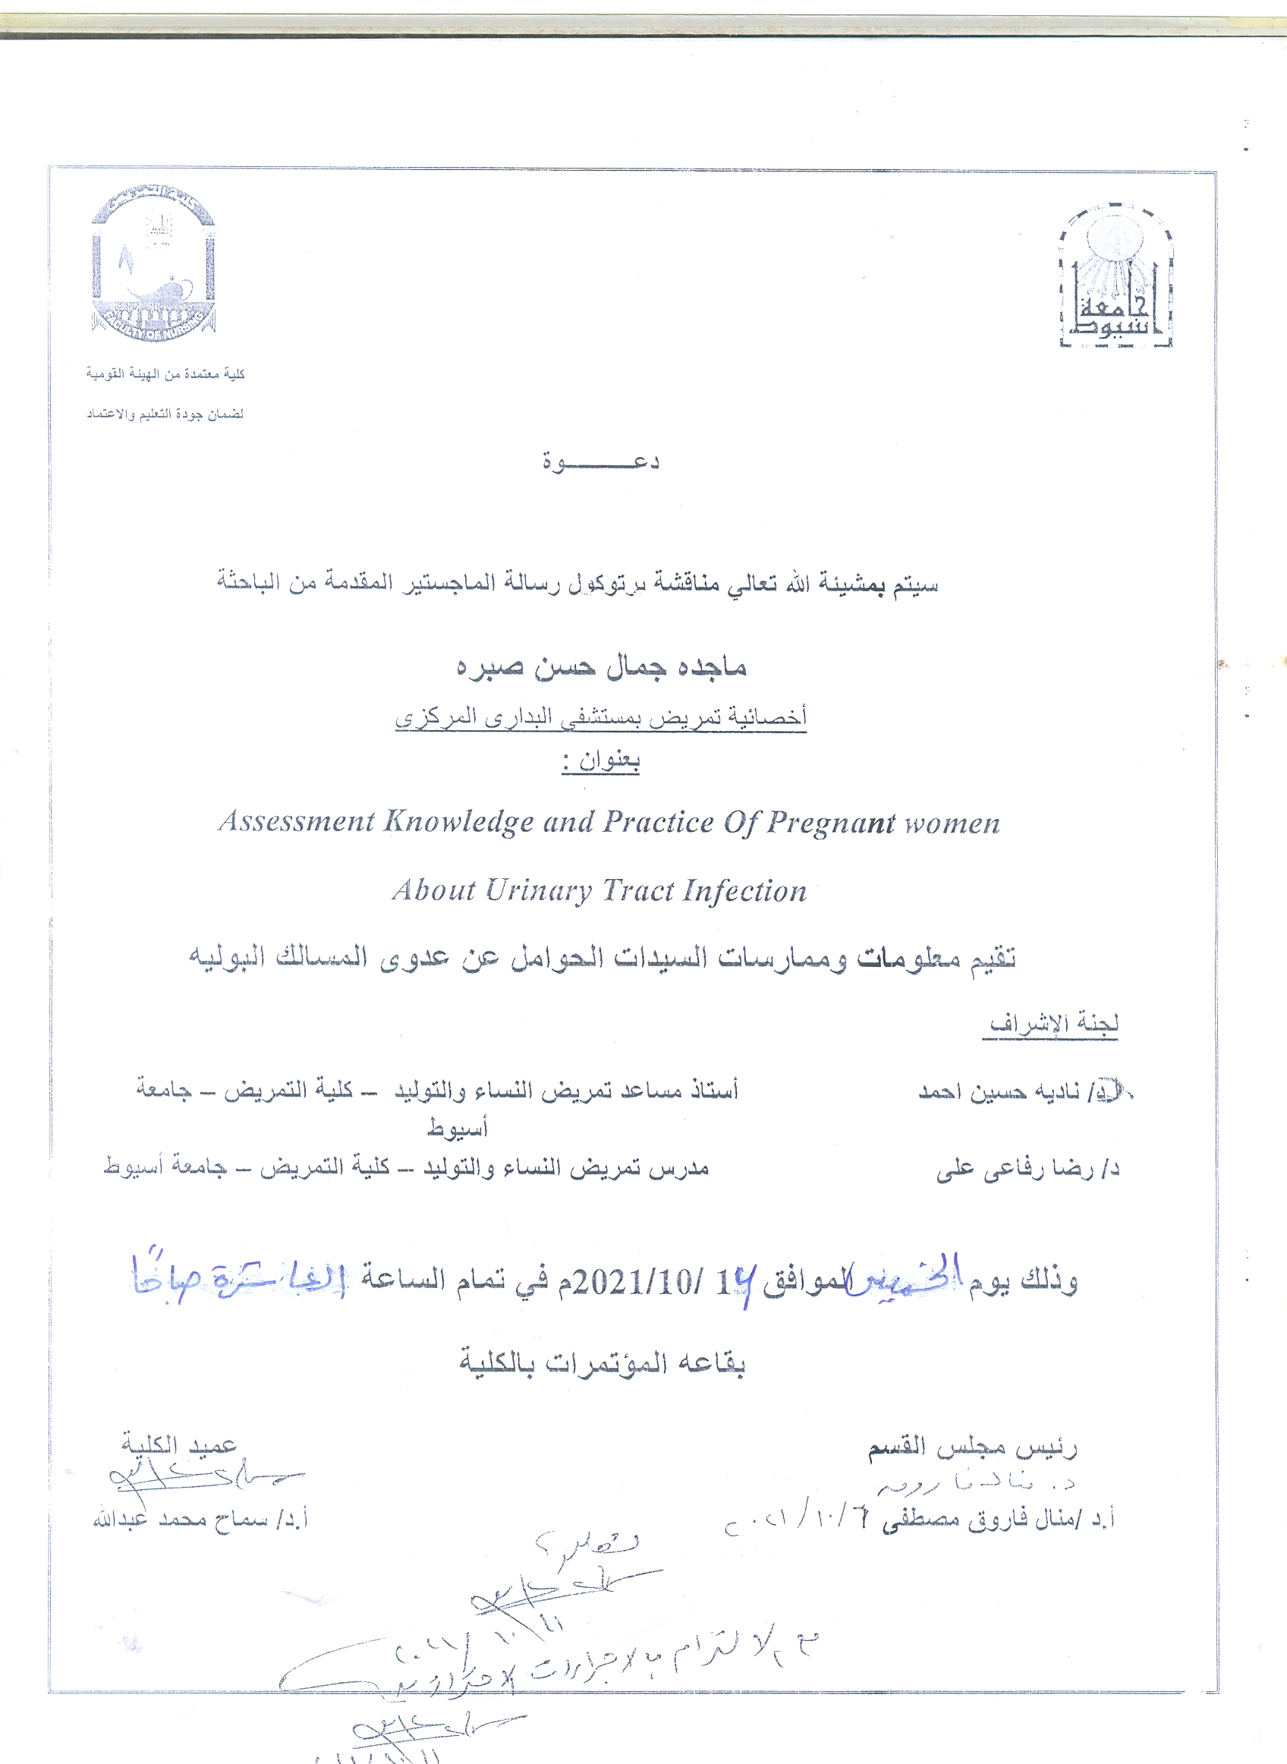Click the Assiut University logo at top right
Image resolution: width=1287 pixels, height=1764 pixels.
(1115, 276)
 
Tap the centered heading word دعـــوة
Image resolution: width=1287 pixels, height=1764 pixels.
(601, 462)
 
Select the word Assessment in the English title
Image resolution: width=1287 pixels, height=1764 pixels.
(296, 822)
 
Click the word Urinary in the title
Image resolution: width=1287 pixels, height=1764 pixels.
(538, 890)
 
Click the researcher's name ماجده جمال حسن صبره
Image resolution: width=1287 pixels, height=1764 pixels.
(601, 667)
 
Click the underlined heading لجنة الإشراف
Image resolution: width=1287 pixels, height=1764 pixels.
(1053, 1023)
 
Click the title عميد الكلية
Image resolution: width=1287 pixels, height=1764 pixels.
(179, 1444)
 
